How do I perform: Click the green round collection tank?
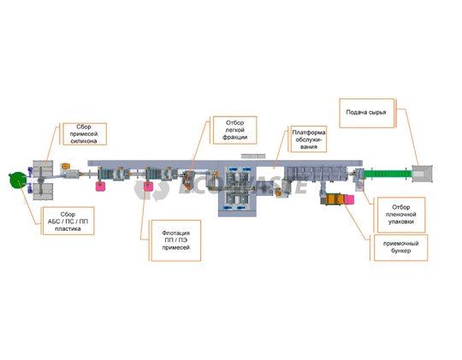pyautogui.click(x=18, y=180)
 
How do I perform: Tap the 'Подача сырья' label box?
pyautogui.click(x=367, y=113)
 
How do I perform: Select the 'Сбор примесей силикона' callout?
pyautogui.click(x=85, y=133)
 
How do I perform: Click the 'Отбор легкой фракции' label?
pyautogui.click(x=234, y=130)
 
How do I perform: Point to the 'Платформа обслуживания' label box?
pyautogui.click(x=309, y=139)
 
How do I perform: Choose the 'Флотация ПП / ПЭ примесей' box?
pyautogui.click(x=176, y=240)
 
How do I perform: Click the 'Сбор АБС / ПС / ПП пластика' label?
pyautogui.click(x=68, y=221)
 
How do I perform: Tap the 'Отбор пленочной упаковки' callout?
pyautogui.click(x=401, y=215)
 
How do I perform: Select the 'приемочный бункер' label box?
pyautogui.click(x=400, y=247)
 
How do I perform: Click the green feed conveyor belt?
pyautogui.click(x=388, y=174)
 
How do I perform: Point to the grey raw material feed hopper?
pyautogui.click(x=422, y=174)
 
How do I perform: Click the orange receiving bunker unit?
pyautogui.click(x=333, y=199)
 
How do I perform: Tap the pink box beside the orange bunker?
pyautogui.click(x=349, y=199)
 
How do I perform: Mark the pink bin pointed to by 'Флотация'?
pyautogui.click(x=148, y=186)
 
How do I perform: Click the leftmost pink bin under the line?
pyautogui.click(x=100, y=186)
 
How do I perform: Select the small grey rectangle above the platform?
pyautogui.click(x=253, y=156)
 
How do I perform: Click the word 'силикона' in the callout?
pyautogui.click(x=84, y=141)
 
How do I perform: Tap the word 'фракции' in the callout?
pyautogui.click(x=234, y=137)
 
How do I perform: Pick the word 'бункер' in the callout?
pyautogui.click(x=400, y=251)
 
